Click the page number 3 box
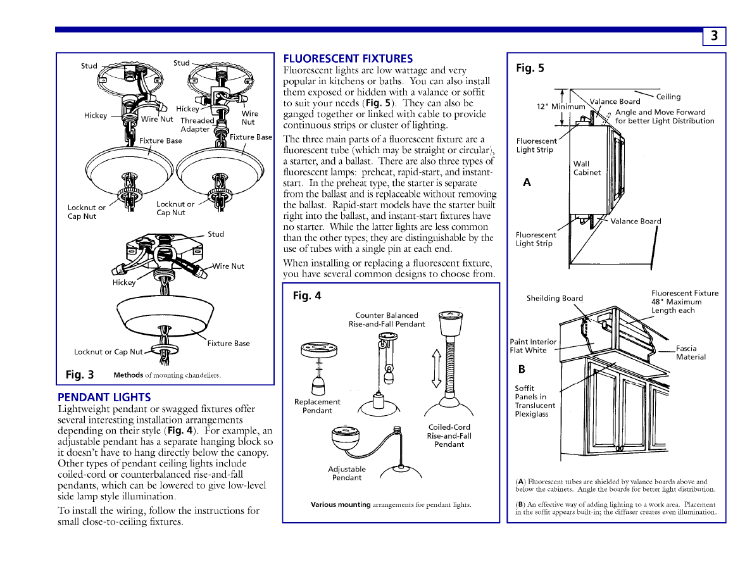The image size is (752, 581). click(714, 36)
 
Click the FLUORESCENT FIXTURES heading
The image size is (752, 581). click(348, 59)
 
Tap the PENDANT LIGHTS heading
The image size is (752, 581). click(104, 397)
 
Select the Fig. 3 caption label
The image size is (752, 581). click(80, 375)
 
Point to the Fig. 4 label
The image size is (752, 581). click(307, 296)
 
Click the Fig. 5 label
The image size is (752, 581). click(530, 68)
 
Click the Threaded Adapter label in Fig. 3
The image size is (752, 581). click(197, 125)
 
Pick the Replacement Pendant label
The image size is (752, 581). click(317, 406)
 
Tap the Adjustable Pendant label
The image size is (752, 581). click(347, 473)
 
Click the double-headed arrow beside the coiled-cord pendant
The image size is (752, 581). click(436, 368)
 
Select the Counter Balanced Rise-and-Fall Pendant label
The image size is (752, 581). click(387, 320)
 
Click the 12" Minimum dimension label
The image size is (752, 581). click(561, 106)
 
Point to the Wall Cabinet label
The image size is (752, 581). click(587, 168)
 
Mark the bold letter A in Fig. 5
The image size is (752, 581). click(527, 183)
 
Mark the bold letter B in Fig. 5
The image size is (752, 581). click(522, 369)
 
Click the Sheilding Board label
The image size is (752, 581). click(555, 298)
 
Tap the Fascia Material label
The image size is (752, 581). click(691, 353)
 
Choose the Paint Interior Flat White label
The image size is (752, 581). click(533, 346)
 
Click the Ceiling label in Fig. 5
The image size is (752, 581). click(668, 97)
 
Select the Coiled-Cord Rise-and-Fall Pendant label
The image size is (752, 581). click(449, 435)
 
